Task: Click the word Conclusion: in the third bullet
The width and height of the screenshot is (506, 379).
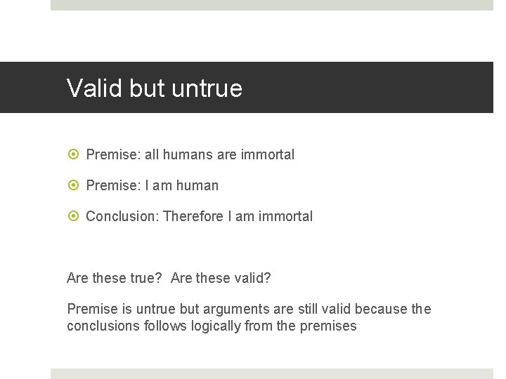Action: coord(122,216)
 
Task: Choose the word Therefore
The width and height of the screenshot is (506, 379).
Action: coord(193,216)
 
